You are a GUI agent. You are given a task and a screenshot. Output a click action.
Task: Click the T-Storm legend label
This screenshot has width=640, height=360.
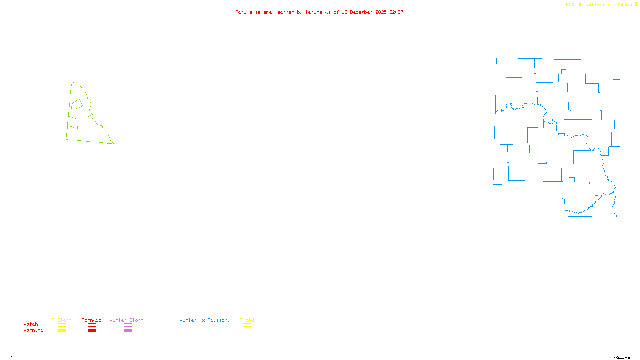point(62,320)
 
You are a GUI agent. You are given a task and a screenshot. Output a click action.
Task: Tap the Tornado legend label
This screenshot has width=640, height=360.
point(92,320)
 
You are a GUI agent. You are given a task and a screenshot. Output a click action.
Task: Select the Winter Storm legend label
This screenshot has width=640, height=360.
point(126,320)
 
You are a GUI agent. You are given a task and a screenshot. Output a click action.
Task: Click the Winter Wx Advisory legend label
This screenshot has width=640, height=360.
point(205,320)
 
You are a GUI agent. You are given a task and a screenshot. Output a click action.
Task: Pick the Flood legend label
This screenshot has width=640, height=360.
point(247,320)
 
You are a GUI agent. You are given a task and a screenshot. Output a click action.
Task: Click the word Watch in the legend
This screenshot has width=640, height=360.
point(31,324)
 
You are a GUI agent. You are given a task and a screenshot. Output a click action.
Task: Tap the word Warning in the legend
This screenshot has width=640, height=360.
point(34,330)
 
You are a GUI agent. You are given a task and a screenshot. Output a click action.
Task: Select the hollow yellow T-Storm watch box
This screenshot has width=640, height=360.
point(62,325)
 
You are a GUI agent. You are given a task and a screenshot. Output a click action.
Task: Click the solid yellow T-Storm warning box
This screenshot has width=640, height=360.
point(62,331)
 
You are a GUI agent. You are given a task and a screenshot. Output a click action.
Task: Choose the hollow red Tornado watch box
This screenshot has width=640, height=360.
point(92,325)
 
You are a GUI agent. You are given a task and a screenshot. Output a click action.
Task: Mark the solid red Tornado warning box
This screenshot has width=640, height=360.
point(92,331)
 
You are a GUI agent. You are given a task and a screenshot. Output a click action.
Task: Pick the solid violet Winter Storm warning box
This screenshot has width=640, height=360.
point(128,331)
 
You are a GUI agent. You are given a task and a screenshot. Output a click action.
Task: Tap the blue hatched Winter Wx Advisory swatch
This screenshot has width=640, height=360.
point(204,331)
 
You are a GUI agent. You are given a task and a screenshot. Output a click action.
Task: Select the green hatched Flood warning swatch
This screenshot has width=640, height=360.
point(247,331)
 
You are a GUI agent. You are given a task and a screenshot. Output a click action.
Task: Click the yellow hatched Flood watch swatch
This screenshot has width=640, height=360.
point(247,325)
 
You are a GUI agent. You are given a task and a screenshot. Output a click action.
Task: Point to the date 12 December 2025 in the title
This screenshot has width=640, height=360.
point(364,12)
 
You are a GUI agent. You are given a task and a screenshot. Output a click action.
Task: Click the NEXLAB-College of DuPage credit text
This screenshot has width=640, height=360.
point(599,4)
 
